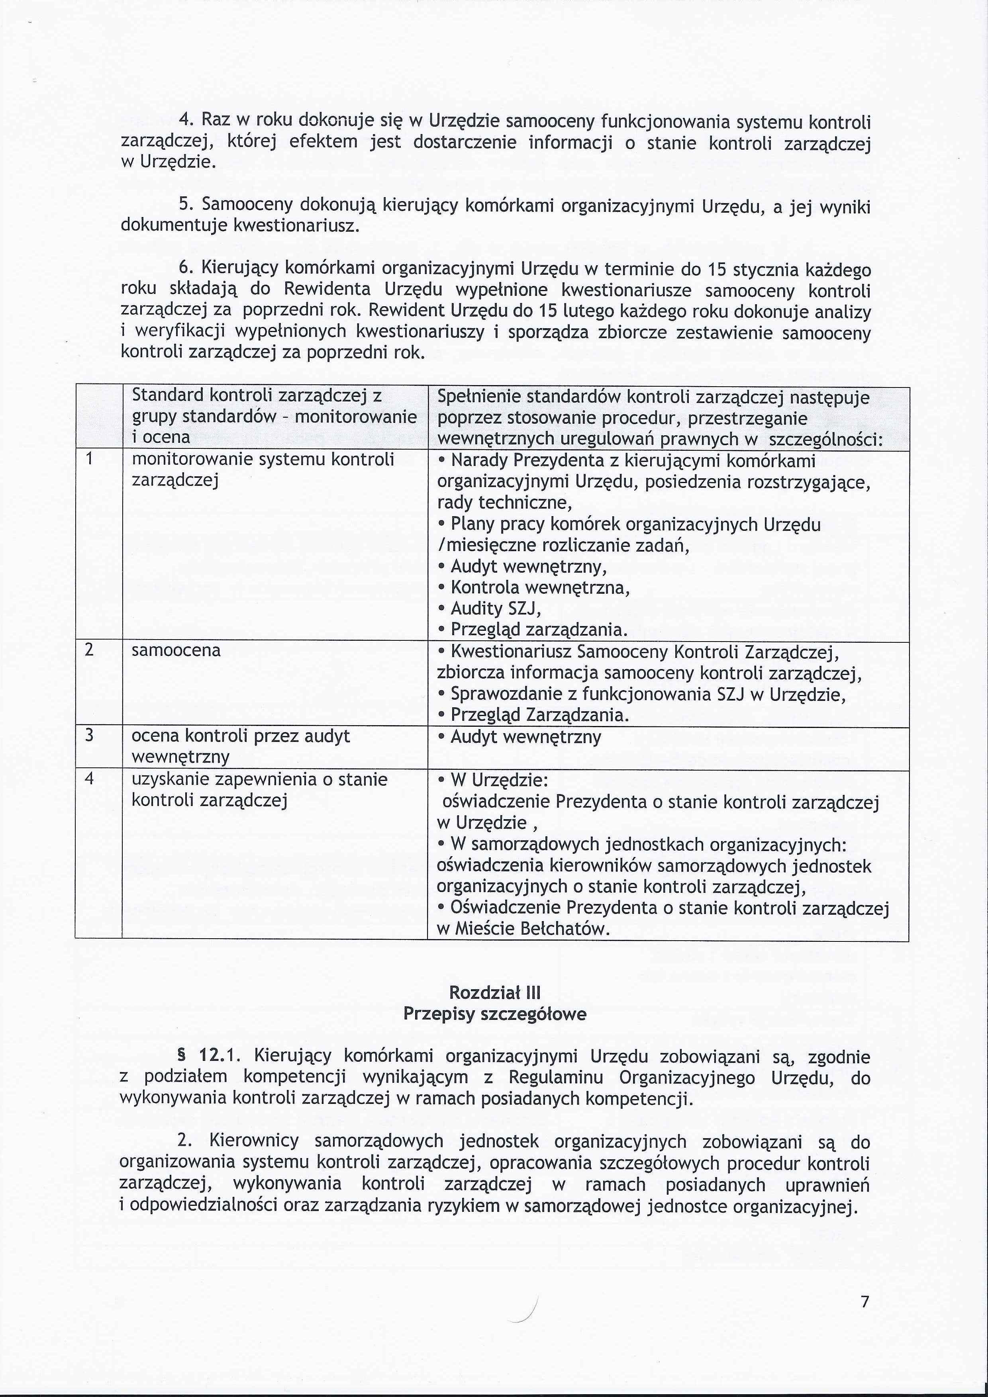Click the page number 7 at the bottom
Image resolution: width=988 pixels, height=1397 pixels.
point(864,1301)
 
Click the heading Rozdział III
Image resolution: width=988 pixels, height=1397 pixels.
point(494,992)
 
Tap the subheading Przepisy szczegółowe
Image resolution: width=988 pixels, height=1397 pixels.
point(494,1014)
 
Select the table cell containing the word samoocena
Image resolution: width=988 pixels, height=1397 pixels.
point(176,650)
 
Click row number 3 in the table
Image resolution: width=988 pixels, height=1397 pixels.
point(90,736)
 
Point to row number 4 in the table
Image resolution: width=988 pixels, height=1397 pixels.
point(90,779)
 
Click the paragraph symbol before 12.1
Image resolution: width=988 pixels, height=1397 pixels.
point(180,1056)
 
